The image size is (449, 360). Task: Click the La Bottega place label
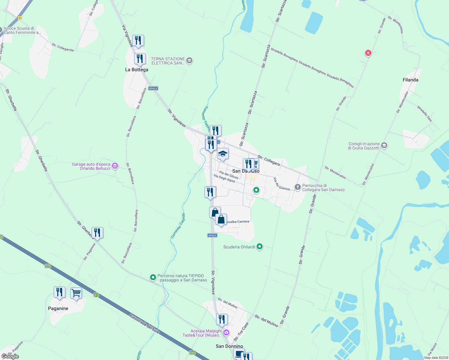coord(137,70)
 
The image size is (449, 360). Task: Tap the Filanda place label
coord(410,80)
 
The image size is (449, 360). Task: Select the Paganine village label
coord(58,308)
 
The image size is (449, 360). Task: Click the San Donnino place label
coord(229,346)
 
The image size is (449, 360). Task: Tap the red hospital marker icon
coord(368,53)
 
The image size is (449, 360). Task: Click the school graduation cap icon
coord(222,154)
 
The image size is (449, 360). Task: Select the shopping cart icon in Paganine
coord(76,293)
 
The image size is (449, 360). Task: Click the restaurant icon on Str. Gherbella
coord(97,233)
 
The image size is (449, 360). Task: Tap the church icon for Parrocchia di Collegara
coord(297,187)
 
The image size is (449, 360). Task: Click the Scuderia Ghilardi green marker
coord(260,247)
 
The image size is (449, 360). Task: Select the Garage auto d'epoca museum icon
coord(115,166)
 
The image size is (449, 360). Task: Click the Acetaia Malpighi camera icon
coord(226,332)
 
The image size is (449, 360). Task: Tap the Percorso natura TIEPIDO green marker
coord(153,277)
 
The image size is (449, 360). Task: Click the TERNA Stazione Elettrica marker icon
coord(189,61)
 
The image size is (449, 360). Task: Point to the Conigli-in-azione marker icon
coord(384,146)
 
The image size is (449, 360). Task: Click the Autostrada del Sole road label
coord(144,324)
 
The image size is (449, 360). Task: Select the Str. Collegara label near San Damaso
coord(269,160)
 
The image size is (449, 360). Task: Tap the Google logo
coord(10,356)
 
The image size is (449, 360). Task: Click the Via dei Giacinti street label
coord(282,184)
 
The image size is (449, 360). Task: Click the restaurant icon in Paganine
coord(59,292)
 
